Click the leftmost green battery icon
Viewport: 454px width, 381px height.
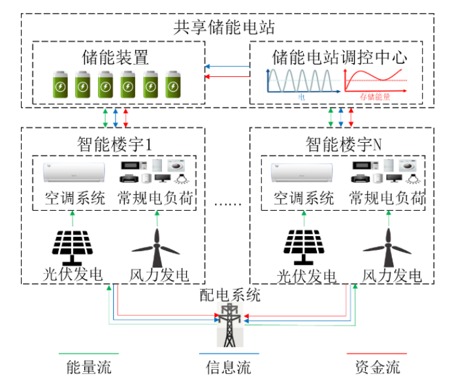coord(59,83)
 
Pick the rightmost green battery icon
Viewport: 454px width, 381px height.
coord(172,83)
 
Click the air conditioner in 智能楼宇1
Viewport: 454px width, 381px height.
coord(72,172)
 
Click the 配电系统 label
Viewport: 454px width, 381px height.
coord(229,296)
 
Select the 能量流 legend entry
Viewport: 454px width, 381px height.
coord(85,367)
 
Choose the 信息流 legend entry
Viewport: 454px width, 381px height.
coord(229,367)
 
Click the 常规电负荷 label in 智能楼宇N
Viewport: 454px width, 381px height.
coord(387,198)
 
